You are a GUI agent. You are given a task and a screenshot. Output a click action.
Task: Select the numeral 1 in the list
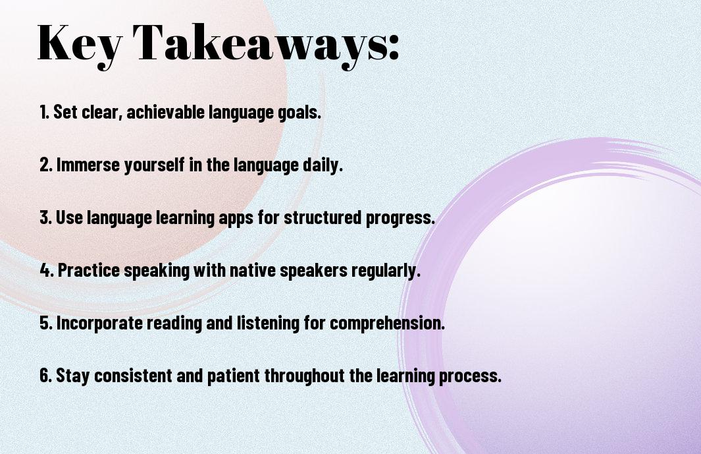click(43, 112)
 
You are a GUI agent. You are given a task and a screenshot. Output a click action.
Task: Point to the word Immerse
click(88, 165)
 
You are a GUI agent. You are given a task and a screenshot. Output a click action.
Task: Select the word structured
click(323, 217)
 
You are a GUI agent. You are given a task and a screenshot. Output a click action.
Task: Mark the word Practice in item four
click(89, 270)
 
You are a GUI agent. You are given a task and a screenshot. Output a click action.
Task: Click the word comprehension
click(388, 324)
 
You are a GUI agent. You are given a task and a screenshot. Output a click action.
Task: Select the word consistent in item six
click(133, 375)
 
